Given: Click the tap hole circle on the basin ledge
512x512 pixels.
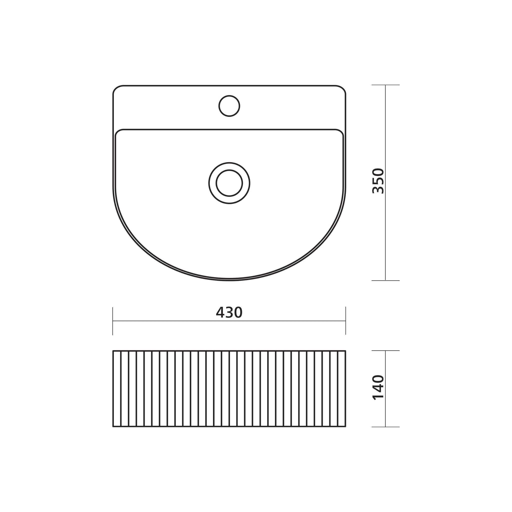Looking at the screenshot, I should [229, 106].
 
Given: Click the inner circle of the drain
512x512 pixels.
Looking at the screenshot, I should [229, 183].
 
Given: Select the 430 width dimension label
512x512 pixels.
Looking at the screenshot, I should [229, 313].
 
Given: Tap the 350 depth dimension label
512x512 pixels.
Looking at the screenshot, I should [378, 181].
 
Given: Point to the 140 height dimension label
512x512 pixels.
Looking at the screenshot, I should [378, 387].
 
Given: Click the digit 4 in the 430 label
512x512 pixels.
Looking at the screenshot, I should [220, 313].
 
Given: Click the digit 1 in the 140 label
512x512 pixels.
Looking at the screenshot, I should [378, 396].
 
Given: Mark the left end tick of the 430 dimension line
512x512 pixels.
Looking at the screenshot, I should [113, 321].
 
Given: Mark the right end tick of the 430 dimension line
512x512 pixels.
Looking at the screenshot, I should [345, 321].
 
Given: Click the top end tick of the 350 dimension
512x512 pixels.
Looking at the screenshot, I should [385, 85].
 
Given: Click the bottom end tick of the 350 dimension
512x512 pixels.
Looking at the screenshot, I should [385, 281].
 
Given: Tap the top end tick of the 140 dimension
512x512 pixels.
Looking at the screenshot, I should [385, 350].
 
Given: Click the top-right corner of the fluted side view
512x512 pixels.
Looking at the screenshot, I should [345, 351].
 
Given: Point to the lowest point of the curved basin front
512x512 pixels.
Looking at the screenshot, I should [229, 280].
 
